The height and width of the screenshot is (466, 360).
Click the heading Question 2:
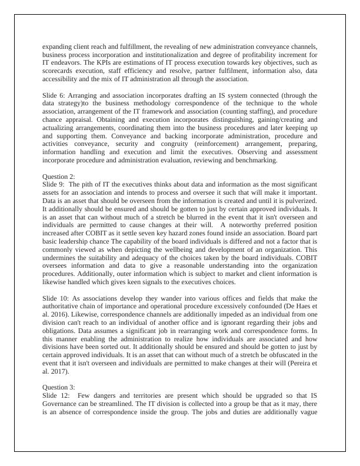(x=59, y=176)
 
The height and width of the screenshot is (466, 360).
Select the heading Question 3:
(x=59, y=387)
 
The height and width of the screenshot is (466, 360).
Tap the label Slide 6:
(x=54, y=95)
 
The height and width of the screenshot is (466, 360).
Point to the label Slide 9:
(x=54, y=184)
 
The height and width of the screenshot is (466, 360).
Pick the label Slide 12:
(x=56, y=395)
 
